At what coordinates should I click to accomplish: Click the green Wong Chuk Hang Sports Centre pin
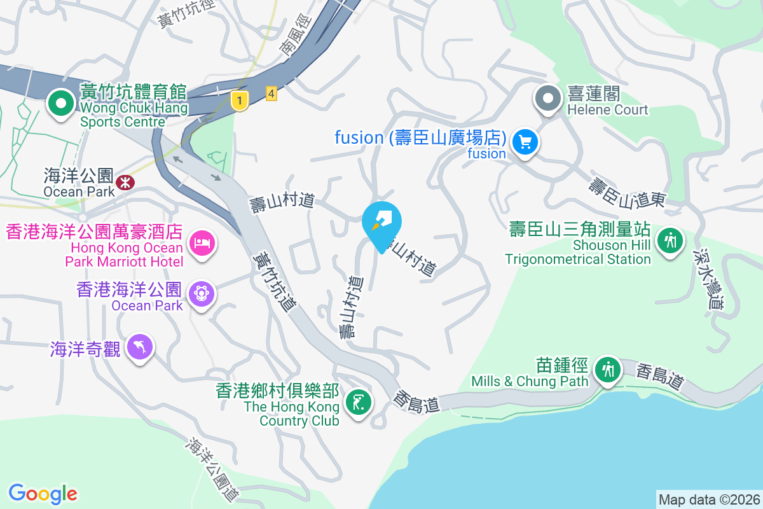pos(60,102)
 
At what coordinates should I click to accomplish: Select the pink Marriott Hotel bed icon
pos(202,242)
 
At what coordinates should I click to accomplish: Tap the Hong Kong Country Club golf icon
pos(357,402)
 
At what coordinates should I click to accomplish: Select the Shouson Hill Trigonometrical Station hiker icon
pos(670,241)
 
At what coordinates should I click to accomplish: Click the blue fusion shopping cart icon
pos(525,141)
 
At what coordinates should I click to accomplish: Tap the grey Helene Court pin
pos(547,98)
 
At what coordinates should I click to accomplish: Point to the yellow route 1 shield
pos(239,101)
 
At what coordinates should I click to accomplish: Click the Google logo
pos(43,493)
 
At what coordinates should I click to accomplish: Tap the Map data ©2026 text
pos(708,499)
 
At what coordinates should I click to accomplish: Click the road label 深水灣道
pos(704,279)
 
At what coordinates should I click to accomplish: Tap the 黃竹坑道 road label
pos(275,282)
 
